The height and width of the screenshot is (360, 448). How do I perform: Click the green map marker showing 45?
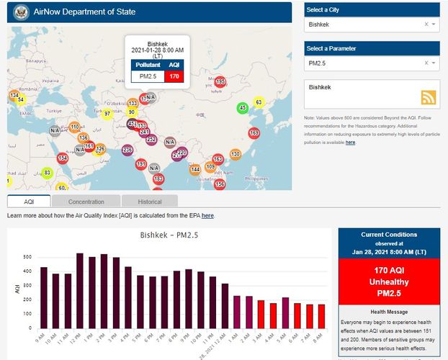click(x=243, y=108)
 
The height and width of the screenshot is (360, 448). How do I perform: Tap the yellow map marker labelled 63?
click(x=259, y=103)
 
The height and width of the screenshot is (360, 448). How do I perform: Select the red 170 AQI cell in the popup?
click(x=174, y=76)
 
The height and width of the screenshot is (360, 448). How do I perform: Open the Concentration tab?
click(x=86, y=202)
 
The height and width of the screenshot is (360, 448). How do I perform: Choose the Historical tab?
click(x=150, y=202)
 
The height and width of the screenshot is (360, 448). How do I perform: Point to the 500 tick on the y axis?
click(x=27, y=257)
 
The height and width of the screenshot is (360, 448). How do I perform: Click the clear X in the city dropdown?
click(x=426, y=24)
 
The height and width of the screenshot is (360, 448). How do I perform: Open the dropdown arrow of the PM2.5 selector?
click(x=434, y=63)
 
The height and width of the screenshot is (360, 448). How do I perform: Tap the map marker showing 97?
click(x=107, y=114)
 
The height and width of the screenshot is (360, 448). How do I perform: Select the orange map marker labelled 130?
click(x=235, y=154)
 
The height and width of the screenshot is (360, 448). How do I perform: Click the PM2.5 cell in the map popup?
click(x=148, y=76)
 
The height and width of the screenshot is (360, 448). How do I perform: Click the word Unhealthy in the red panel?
click(x=388, y=282)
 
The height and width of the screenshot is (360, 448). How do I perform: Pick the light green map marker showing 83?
click(x=48, y=173)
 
